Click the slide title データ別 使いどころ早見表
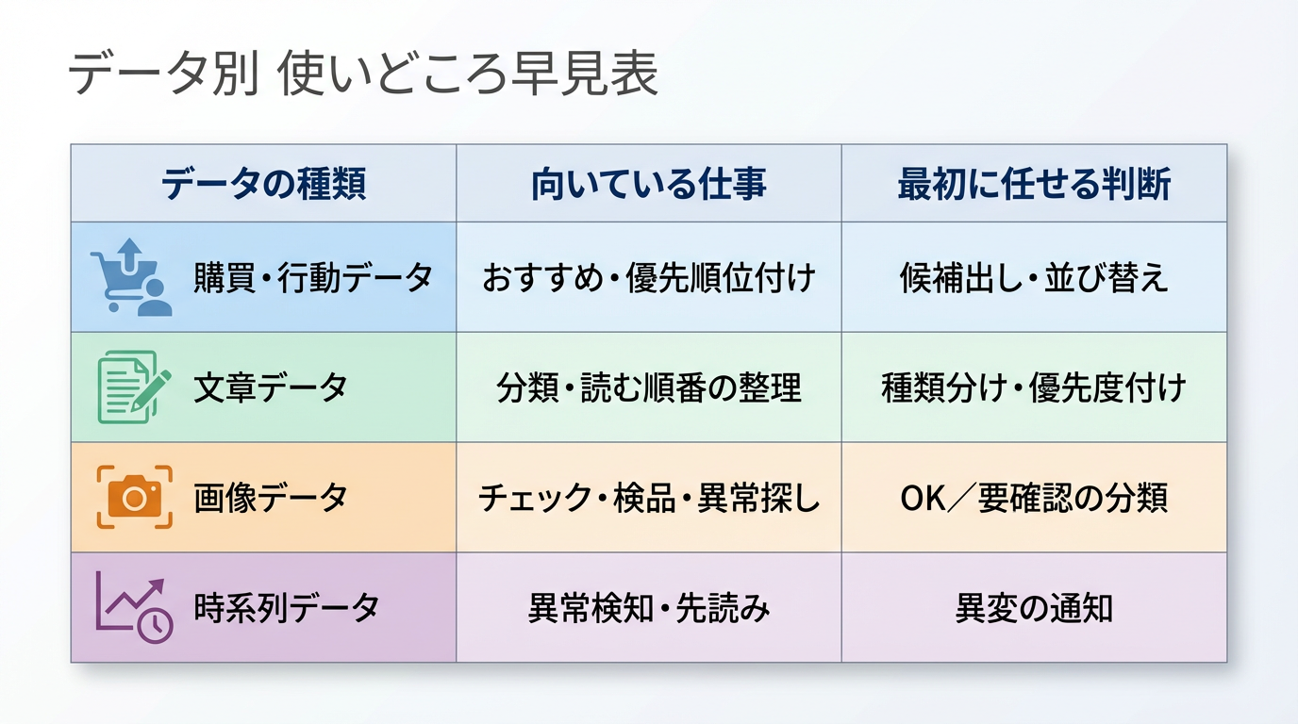(x=363, y=74)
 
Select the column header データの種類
(x=264, y=184)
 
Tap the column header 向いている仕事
(x=649, y=184)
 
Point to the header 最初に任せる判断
(x=1034, y=184)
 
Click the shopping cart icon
(x=131, y=277)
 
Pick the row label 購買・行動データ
(x=313, y=277)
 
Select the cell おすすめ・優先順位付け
(x=649, y=277)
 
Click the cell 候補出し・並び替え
(x=1034, y=277)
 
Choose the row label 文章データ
(x=271, y=387)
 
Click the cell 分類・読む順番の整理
(x=649, y=387)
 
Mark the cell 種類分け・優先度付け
(x=1034, y=387)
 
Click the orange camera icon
(x=135, y=497)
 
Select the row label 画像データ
(x=271, y=498)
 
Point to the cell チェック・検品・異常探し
(x=649, y=498)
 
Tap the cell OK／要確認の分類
(x=1034, y=498)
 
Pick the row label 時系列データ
(x=286, y=608)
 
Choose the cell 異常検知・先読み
(x=649, y=608)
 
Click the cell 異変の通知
(x=1034, y=608)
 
